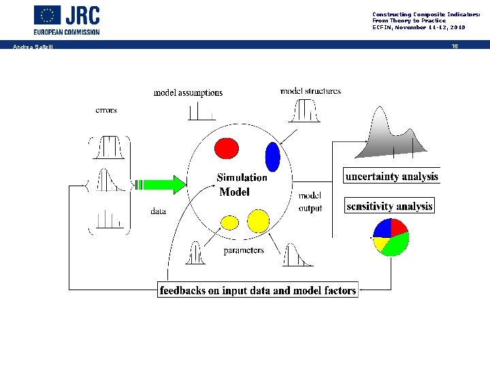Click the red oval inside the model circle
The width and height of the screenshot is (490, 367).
[x=227, y=147]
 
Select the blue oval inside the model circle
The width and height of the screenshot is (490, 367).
[x=272, y=157]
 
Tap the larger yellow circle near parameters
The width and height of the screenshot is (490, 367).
[x=258, y=220]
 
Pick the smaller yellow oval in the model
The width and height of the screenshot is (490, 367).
[x=231, y=222]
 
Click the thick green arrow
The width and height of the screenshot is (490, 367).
[x=163, y=183]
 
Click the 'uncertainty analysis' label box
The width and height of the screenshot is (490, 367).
[x=392, y=176]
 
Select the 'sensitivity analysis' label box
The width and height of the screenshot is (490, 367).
[x=389, y=206]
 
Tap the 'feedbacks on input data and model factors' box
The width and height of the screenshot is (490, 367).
[x=257, y=290]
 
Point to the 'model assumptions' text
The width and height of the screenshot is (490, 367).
[x=188, y=92]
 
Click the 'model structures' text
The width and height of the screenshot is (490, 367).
[x=310, y=90]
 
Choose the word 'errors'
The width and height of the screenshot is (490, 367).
[x=106, y=109]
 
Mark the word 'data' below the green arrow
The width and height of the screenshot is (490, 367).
[x=158, y=211]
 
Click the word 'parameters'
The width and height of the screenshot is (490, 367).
[x=244, y=251]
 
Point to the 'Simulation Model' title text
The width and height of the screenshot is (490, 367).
[x=242, y=185]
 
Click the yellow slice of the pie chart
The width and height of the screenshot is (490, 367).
[x=380, y=243]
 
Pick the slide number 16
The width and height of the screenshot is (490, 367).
[x=455, y=46]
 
